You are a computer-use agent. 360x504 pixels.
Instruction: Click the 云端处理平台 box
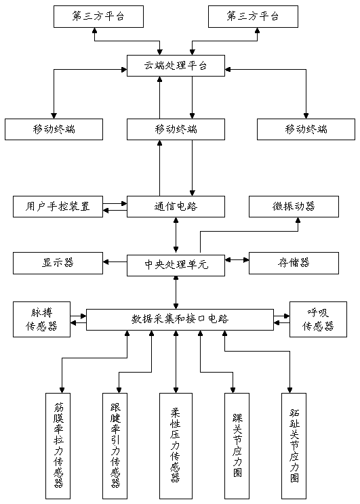point(176,66)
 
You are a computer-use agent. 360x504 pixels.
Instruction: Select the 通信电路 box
point(176,207)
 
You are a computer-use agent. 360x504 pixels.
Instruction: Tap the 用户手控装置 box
point(58,207)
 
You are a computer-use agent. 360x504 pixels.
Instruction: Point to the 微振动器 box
point(294,207)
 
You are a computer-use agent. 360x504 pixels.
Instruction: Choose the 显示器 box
point(58,263)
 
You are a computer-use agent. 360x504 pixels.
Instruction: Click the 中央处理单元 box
point(176,265)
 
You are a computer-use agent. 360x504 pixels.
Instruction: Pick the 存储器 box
point(294,263)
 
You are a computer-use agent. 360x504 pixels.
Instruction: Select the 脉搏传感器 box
point(41,319)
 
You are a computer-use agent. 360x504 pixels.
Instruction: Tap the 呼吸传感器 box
point(318,319)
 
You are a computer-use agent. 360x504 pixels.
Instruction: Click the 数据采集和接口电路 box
point(180,320)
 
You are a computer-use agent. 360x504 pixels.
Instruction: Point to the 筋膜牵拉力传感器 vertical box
point(58,446)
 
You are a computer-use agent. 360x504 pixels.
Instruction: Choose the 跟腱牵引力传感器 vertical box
point(115,446)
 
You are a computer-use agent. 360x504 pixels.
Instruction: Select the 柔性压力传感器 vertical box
point(176,446)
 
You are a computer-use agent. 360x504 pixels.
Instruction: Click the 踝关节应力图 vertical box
point(237,446)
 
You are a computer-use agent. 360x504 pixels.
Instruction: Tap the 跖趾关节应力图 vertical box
point(294,446)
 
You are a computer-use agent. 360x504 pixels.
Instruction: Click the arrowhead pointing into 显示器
point(106,262)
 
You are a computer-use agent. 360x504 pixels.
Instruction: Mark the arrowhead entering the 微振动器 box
point(298,220)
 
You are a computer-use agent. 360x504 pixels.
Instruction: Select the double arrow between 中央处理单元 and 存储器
point(237,259)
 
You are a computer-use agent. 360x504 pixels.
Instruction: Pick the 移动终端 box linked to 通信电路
point(176,129)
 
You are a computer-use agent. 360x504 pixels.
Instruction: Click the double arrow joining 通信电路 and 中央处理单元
point(176,236)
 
